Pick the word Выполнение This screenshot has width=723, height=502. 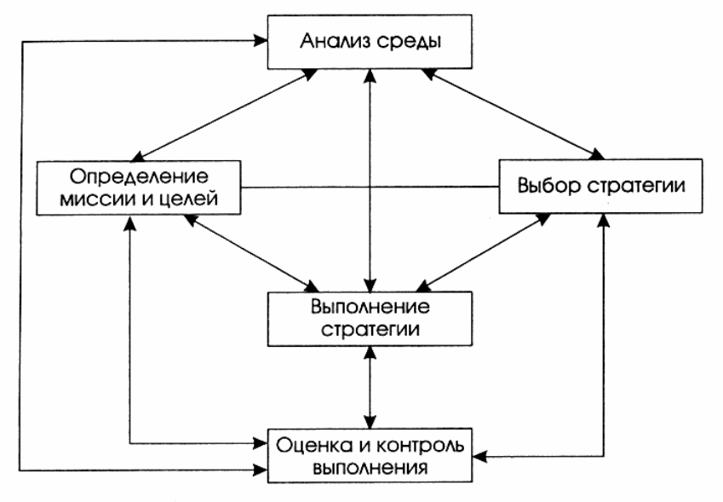[370, 305]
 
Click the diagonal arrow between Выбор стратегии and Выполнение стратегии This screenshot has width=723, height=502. [483, 251]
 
